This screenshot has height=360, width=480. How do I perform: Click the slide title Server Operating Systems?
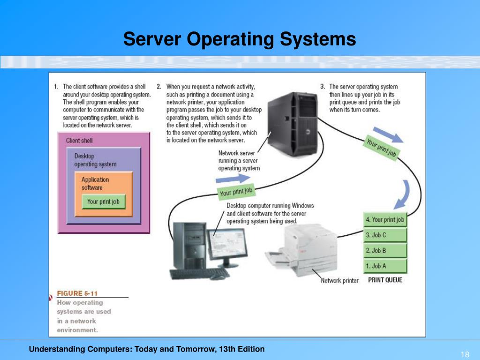click(240, 39)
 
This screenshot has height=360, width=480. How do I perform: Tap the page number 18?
click(465, 354)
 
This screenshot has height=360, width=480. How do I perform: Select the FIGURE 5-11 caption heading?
click(77, 293)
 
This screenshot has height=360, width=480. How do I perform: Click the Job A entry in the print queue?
click(385, 266)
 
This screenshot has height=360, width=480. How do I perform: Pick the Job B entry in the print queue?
click(385, 250)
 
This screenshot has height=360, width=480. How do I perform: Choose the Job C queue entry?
click(385, 235)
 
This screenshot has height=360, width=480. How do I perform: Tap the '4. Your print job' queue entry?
click(385, 219)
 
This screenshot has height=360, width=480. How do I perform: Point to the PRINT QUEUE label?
click(385, 280)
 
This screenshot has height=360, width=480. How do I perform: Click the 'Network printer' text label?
click(339, 281)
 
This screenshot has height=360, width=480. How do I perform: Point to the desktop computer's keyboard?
click(199, 273)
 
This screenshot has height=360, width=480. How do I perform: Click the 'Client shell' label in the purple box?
click(79, 141)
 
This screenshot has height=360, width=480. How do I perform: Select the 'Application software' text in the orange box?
click(95, 183)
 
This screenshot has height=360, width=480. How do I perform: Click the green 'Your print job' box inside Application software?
click(103, 202)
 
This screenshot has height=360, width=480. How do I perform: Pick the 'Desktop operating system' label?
click(95, 160)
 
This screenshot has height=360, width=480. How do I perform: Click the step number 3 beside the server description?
click(322, 87)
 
